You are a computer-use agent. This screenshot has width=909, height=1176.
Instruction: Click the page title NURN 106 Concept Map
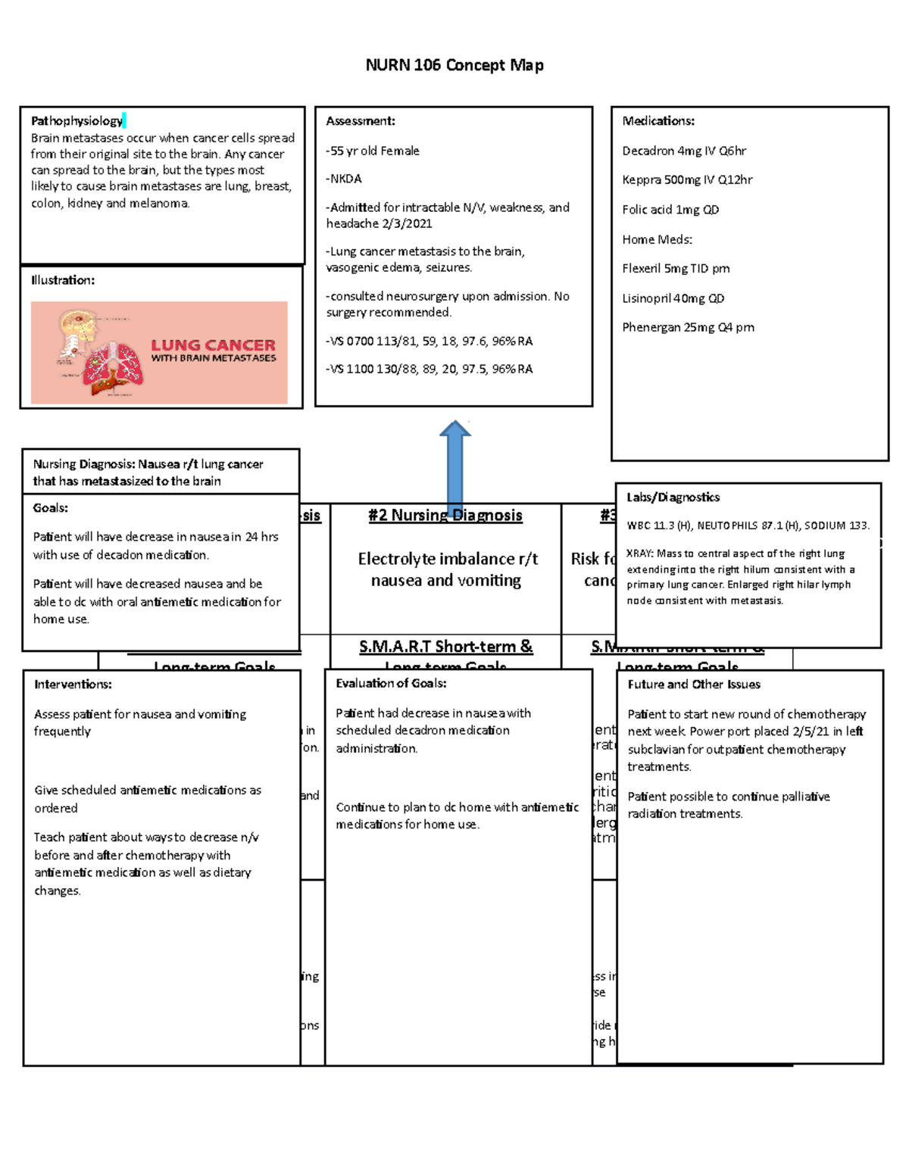[x=454, y=65]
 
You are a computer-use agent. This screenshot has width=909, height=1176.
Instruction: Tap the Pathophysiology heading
[x=77, y=121]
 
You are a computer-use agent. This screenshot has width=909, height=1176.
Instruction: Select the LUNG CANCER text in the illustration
[x=213, y=345]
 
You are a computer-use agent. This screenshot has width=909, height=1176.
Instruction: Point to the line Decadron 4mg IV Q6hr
[x=684, y=151]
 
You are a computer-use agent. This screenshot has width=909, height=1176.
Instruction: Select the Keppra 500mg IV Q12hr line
[x=687, y=180]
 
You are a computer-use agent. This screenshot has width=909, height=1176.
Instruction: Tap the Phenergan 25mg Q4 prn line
[x=688, y=328]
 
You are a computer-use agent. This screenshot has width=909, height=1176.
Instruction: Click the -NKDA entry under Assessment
[x=344, y=179]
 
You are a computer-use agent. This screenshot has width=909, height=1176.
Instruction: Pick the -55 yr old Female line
[x=373, y=151]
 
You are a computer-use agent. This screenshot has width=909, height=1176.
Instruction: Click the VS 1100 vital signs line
[x=430, y=370]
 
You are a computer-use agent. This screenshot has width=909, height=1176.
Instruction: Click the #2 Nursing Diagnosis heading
[x=445, y=516]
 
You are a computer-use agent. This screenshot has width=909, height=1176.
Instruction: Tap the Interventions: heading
[x=73, y=685]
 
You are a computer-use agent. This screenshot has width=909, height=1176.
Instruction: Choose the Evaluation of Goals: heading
[x=391, y=683]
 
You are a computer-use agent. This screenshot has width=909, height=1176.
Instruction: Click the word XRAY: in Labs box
[x=640, y=554]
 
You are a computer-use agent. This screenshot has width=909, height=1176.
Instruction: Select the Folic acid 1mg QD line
[x=670, y=210]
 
